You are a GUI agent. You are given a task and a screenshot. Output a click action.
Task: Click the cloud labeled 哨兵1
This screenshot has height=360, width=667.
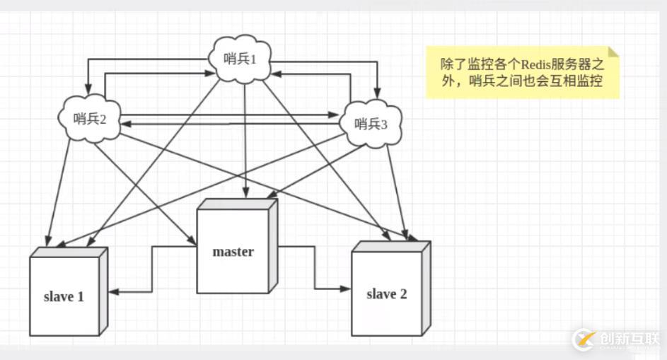238,59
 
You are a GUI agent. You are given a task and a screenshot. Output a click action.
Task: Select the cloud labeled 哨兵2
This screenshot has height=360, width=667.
88,118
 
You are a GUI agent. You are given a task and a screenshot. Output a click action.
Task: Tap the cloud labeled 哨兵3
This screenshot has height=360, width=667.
371,124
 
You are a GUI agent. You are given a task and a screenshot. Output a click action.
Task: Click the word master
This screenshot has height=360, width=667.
233,251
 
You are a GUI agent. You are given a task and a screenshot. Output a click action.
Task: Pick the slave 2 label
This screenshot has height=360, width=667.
386,294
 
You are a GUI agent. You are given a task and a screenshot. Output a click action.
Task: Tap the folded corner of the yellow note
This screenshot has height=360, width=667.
613,52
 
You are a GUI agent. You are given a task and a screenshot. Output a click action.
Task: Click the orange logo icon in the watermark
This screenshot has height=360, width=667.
584,339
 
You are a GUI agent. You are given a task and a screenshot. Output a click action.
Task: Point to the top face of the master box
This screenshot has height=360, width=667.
238,204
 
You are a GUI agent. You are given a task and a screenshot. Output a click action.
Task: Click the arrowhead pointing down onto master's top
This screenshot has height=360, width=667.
245,194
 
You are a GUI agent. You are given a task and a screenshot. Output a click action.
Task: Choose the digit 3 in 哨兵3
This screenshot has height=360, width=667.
384,124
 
